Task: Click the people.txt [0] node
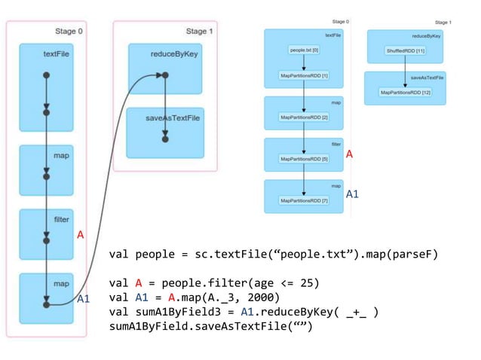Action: click(x=303, y=50)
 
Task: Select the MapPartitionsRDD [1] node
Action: click(x=303, y=76)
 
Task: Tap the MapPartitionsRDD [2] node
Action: click(x=303, y=117)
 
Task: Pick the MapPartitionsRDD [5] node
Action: click(x=303, y=159)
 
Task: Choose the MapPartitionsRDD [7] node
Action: click(x=303, y=200)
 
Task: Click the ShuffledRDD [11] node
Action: click(x=406, y=50)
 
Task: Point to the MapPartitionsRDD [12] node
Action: click(x=405, y=92)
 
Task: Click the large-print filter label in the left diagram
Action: click(x=61, y=220)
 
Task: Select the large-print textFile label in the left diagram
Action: click(x=57, y=55)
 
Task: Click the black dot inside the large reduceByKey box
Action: click(x=165, y=75)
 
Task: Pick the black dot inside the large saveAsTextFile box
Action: click(x=165, y=139)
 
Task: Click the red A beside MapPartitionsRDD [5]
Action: click(x=349, y=154)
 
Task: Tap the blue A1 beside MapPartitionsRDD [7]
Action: click(x=352, y=194)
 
